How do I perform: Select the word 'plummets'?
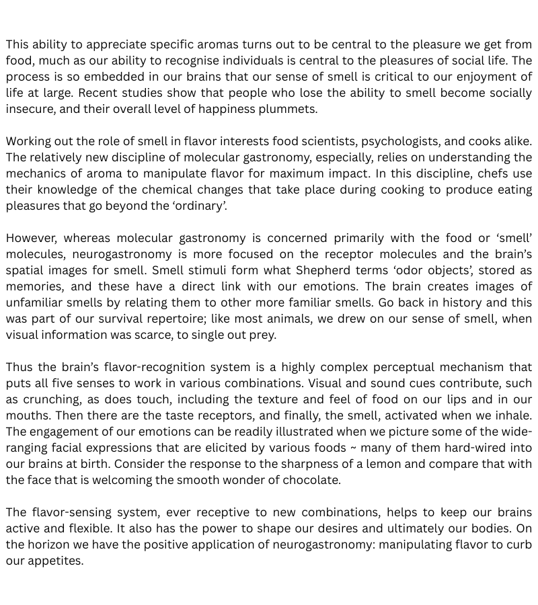coord(290,109)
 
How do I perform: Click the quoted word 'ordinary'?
coord(200,206)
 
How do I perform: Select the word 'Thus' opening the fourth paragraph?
coord(20,367)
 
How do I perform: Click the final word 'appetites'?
coord(54,561)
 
